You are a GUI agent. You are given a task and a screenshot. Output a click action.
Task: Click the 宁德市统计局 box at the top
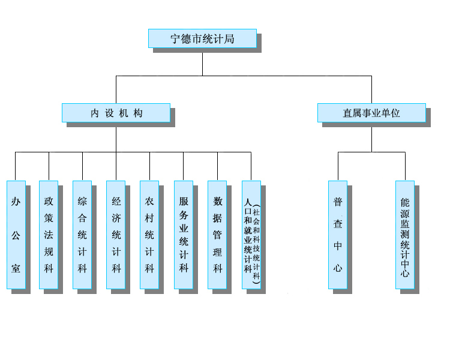click(202, 38)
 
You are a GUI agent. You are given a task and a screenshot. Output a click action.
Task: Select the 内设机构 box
click(116, 113)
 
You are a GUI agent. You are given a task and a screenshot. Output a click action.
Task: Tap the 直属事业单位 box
click(371, 113)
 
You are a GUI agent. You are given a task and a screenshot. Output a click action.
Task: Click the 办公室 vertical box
click(16, 235)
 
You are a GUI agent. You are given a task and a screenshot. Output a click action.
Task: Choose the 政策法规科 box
click(49, 235)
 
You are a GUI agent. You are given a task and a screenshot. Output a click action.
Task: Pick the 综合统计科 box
click(82, 235)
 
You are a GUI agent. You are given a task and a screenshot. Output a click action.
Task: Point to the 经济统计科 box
click(116, 235)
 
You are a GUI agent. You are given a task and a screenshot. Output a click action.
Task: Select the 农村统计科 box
click(149, 235)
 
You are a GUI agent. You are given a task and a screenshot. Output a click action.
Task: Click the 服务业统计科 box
click(184, 235)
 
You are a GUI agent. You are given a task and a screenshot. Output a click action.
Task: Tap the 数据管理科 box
click(217, 235)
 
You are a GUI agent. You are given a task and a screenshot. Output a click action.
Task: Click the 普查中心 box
click(338, 235)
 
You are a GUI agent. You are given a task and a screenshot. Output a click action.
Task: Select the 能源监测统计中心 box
click(405, 235)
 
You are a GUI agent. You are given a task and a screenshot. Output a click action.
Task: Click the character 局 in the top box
click(229, 39)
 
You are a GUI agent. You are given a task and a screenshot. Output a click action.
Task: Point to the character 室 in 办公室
click(16, 268)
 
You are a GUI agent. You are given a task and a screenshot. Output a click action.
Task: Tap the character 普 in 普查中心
click(338, 202)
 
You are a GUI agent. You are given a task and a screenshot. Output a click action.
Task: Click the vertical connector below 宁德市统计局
click(202, 64)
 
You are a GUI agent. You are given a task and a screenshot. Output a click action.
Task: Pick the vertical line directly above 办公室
click(16, 166)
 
